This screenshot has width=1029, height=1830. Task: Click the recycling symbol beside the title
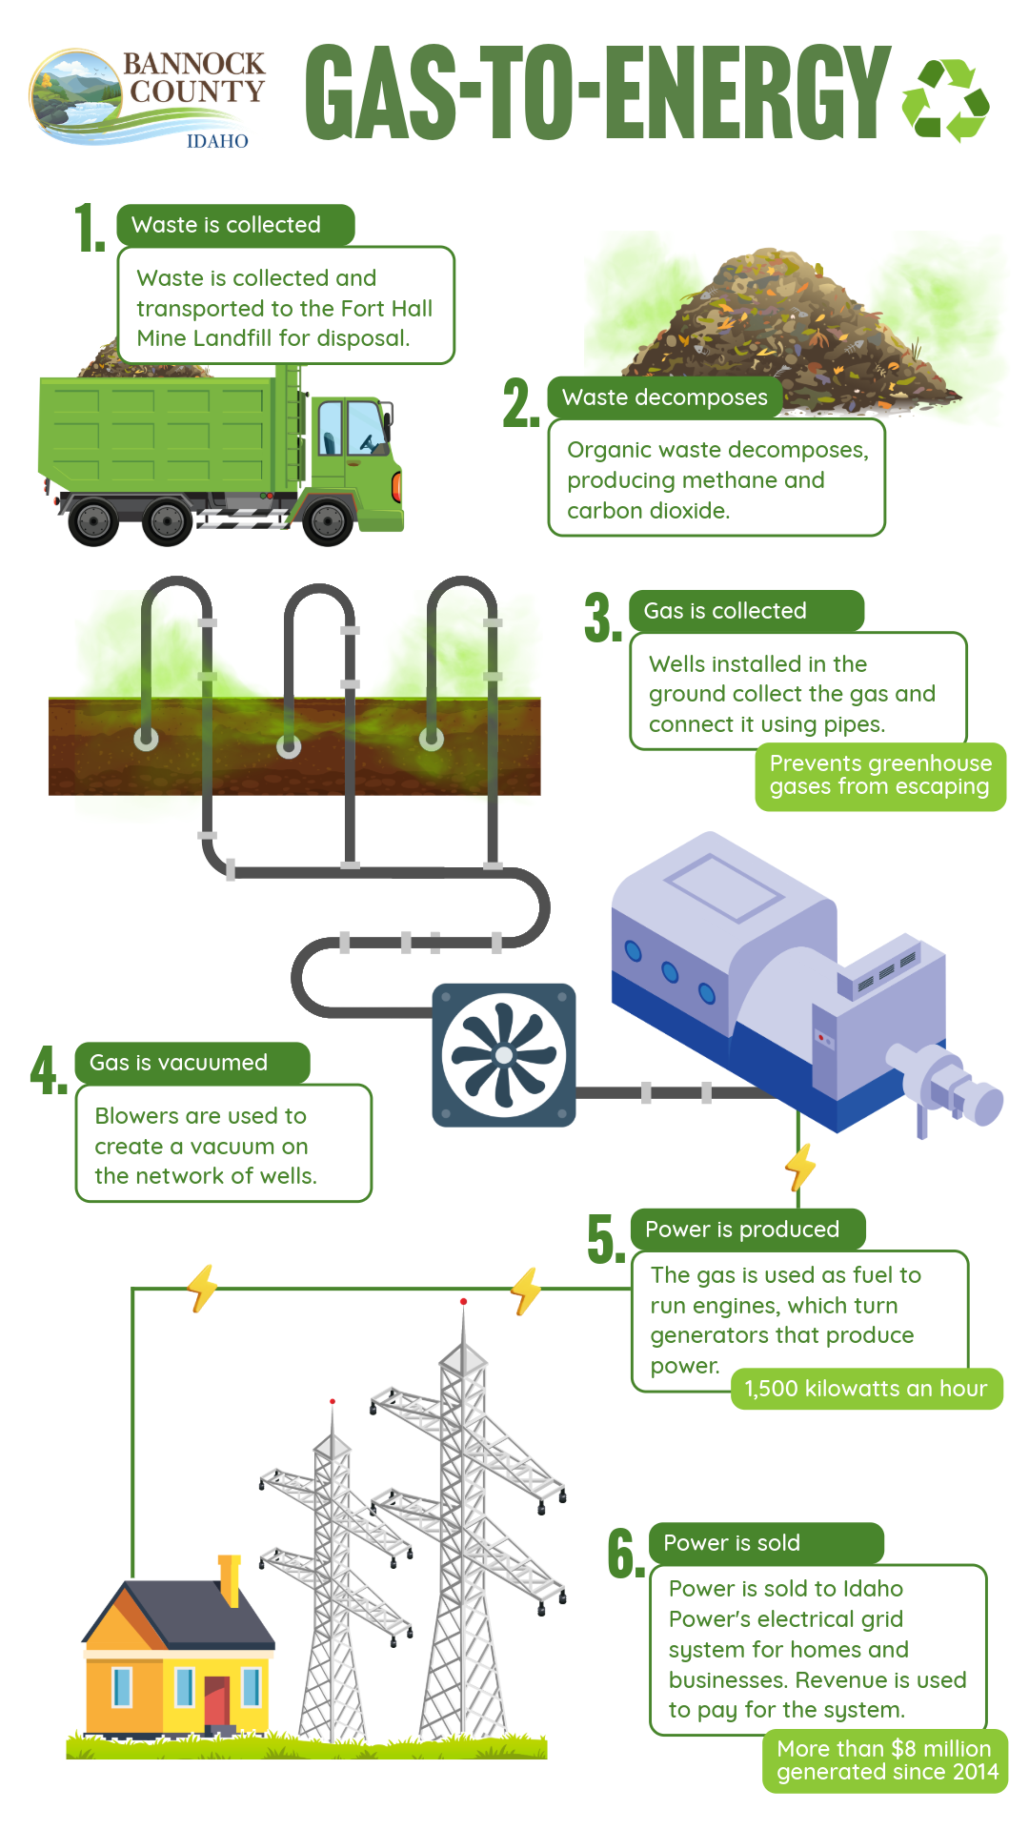point(945,99)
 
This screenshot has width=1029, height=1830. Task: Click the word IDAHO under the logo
point(217,141)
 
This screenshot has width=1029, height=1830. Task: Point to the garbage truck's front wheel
point(328,520)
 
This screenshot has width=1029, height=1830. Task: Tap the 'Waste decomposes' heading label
point(664,397)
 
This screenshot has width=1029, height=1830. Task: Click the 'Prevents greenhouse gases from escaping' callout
point(879,776)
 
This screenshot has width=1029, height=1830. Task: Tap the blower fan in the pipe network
point(503,1055)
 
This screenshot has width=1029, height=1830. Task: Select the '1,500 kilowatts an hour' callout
point(866,1389)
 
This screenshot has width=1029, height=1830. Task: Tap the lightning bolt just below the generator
point(801,1168)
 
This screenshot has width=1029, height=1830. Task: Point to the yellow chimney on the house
point(230,1578)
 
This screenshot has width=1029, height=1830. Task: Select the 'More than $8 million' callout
point(886,1760)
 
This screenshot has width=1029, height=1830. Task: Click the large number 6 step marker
point(624,1554)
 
